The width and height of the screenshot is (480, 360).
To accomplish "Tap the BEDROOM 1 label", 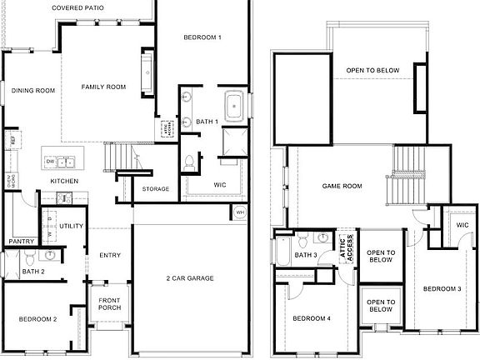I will coord(203,37).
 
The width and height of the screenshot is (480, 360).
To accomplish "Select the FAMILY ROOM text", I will coord(103,87).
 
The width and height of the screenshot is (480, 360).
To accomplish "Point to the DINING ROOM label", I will coord(33,90).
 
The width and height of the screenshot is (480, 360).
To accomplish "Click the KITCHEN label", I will coord(64,181).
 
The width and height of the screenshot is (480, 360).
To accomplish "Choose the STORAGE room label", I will coord(156,189).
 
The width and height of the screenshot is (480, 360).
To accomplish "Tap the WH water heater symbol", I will coord(239,212).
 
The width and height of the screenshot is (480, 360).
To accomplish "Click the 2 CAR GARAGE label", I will coord(191,277).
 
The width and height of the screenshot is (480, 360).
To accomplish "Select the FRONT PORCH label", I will coord(109,305).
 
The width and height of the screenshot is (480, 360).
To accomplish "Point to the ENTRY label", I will coord(110,255).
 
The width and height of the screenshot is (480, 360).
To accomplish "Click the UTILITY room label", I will coord(71,226).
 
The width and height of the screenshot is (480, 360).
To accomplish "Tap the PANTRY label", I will coord(20,242).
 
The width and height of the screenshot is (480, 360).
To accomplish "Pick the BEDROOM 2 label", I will coord(38,319).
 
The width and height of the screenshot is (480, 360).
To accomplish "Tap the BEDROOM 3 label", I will coord(442,289).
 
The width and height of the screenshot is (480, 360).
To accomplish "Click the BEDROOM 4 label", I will coord(312,318).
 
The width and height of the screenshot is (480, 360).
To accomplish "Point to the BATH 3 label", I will coord(306,255).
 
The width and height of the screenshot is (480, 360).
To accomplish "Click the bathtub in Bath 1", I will coord(234,106).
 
